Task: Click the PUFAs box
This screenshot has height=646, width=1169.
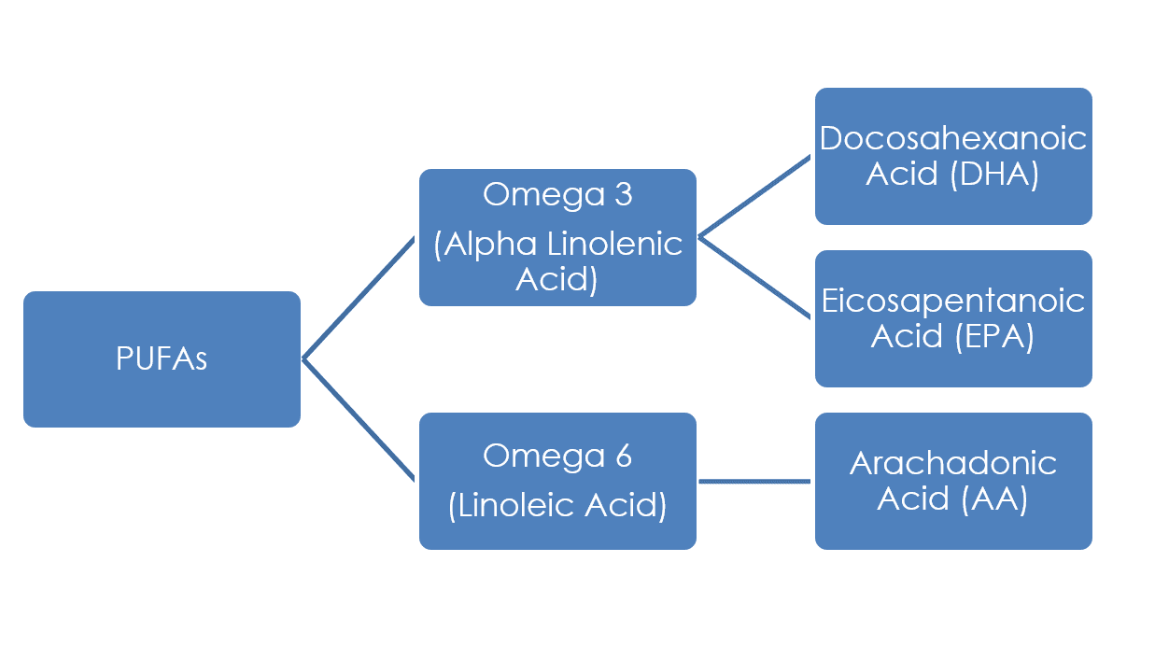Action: coord(162,359)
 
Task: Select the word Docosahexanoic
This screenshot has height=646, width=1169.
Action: coord(953,139)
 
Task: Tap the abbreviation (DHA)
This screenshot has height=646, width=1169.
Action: coord(993,175)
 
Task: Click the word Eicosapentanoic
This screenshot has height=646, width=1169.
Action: coord(953,301)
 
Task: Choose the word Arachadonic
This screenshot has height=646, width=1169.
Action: coord(953,463)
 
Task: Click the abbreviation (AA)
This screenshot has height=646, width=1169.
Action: coord(994,499)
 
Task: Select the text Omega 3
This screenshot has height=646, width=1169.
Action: coord(557,195)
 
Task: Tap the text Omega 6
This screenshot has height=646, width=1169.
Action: coord(557,456)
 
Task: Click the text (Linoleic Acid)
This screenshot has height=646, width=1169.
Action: coord(557,505)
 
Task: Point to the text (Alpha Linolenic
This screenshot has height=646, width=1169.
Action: coord(557,244)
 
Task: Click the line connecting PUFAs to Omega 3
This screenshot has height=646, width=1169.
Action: coord(359,298)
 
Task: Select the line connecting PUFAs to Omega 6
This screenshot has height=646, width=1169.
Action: coord(359,419)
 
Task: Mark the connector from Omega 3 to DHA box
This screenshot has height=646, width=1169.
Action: coord(754,197)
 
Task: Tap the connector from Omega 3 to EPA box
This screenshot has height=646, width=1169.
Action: coord(754,277)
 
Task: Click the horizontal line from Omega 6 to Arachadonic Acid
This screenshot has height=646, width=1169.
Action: coord(754,482)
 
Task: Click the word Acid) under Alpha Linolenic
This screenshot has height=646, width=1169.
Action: coord(557,279)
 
